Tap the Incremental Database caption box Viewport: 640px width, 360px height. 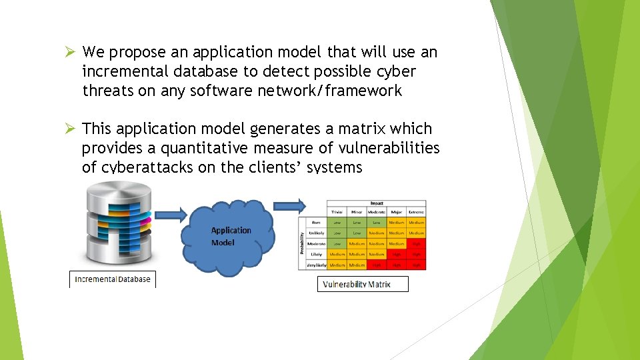click(113, 279)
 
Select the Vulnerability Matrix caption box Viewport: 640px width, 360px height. click(363, 285)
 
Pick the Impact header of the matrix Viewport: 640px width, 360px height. click(377, 203)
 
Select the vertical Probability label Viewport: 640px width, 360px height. click(302, 243)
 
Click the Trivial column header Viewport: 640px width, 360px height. click(337, 212)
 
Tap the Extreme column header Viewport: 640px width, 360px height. click(416, 212)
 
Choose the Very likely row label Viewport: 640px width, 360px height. click(316, 265)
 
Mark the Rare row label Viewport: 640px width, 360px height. click(316, 223)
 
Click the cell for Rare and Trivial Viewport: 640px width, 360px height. click(337, 223)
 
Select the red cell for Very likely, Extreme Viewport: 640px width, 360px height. click(416, 265)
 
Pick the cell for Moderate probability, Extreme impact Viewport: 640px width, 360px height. click(416, 244)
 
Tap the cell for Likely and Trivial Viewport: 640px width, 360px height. click(337, 254)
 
